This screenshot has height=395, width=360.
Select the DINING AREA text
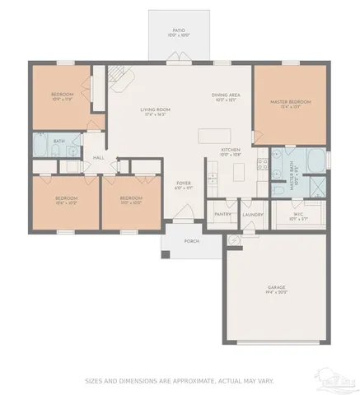coord(226,95)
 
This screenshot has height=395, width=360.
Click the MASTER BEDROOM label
coord(288,102)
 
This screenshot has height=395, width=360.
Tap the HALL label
coord(98,157)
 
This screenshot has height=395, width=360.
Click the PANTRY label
coord(222,214)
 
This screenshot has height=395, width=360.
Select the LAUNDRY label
coord(252,214)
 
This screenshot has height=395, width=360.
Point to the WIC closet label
coord(298,216)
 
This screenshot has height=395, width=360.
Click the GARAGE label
coord(275,287)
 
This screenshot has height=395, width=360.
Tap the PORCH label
coord(192,242)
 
